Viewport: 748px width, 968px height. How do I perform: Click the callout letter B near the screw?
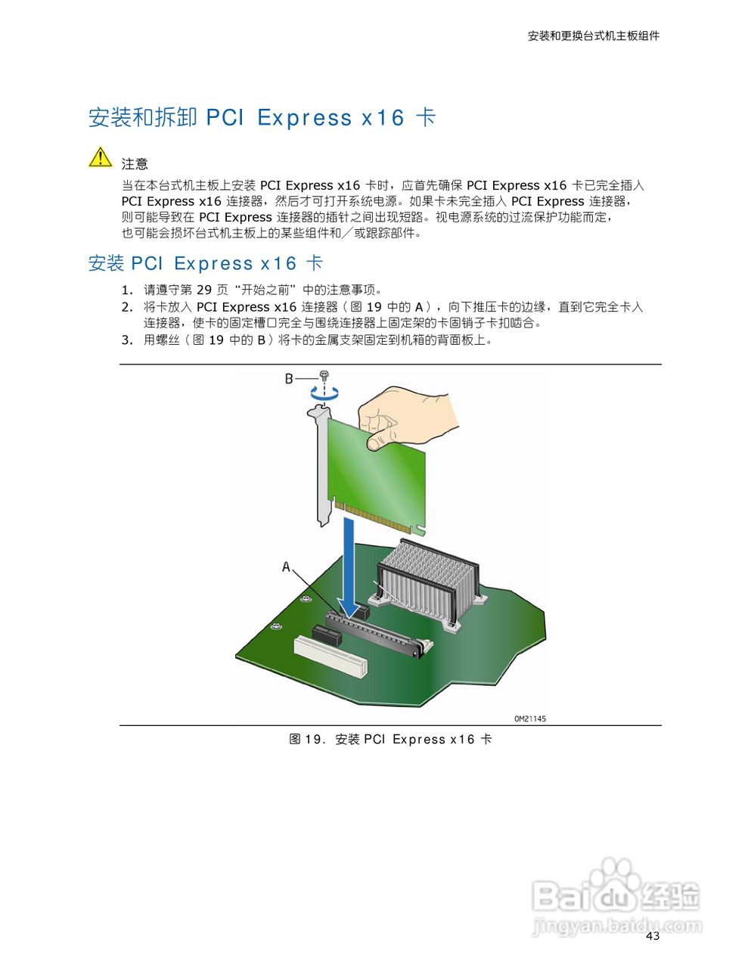point(289,377)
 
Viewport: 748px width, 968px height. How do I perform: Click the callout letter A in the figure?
point(286,566)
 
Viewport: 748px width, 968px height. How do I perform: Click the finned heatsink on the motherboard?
point(428,579)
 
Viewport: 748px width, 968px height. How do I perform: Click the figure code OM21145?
point(529,718)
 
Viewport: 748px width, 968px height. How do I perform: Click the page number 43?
point(653,936)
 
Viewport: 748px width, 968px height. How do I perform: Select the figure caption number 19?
point(313,740)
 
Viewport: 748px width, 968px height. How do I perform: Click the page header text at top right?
point(593,36)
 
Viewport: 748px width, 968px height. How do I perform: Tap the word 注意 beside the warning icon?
point(135,164)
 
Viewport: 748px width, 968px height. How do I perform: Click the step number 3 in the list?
point(126,340)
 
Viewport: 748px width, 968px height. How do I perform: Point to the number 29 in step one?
point(204,290)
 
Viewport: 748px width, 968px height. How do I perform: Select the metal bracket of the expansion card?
point(321,461)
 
